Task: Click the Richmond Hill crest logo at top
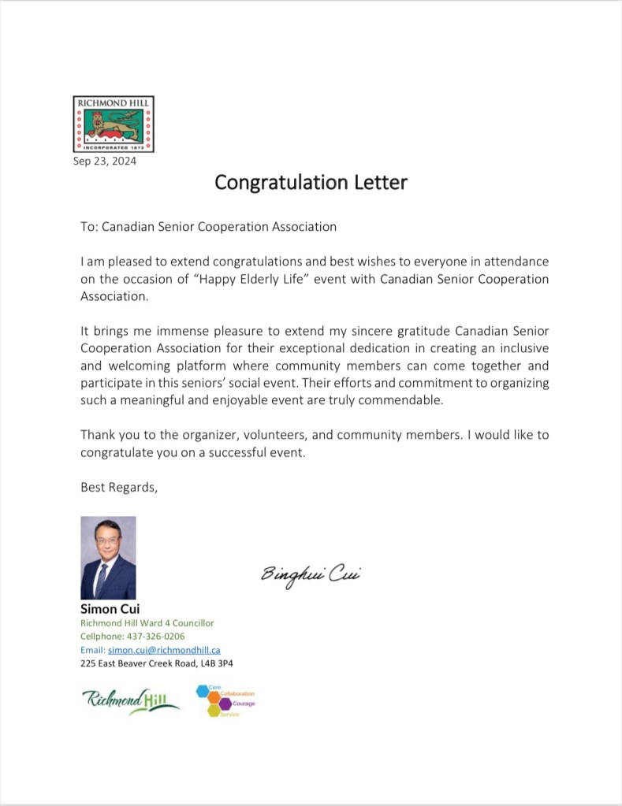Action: (114, 124)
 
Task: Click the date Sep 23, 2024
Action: (105, 162)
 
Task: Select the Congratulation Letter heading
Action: (311, 183)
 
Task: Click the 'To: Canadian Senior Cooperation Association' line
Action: (208, 227)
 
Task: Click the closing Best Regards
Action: (119, 487)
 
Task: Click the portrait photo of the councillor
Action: (108, 557)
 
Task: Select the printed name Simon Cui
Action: (110, 608)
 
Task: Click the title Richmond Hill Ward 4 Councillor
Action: (147, 622)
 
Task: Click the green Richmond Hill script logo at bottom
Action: (130, 700)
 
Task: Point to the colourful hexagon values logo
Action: (225, 700)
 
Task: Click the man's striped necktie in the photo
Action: (102, 577)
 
